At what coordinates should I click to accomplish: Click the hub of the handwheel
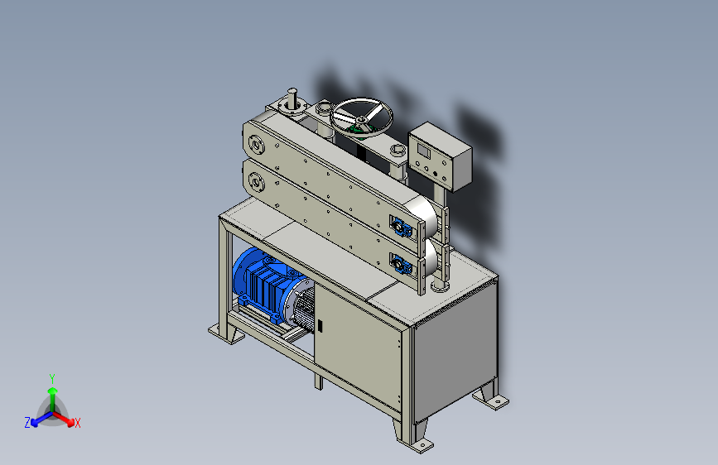[x=362, y=119]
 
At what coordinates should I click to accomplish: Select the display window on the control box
[x=423, y=151]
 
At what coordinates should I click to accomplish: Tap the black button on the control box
[x=436, y=174]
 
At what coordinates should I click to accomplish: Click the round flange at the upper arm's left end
[x=256, y=145]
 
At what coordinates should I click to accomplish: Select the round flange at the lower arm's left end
[x=256, y=184]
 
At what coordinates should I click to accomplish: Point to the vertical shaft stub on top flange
[x=292, y=98]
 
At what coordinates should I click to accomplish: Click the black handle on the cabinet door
[x=320, y=326]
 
